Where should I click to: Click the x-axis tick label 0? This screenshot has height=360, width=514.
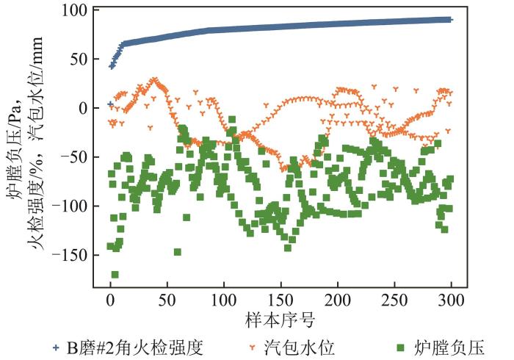pos(110,300)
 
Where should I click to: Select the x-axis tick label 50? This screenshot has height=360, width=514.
pos(167,300)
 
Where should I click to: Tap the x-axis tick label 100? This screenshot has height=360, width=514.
pos(223,300)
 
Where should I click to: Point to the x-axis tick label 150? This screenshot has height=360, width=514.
pos(280,300)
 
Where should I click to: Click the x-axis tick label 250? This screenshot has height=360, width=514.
pos(394,300)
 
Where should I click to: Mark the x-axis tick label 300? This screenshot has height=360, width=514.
pos(451,300)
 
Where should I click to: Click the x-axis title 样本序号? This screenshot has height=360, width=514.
pos(280,321)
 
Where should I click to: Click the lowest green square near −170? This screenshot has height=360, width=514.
pos(115,275)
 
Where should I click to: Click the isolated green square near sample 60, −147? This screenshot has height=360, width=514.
pos(178,252)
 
